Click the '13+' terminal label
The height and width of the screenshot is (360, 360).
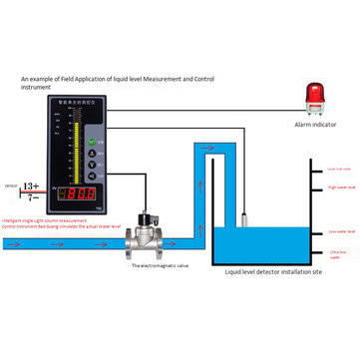point(30,186)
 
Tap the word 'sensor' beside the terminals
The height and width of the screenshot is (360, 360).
point(11,186)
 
